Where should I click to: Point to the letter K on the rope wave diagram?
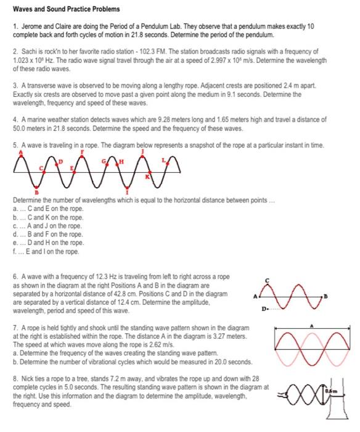pyautogui.click(x=147, y=178)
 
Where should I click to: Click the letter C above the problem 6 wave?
pyautogui.click(x=266, y=281)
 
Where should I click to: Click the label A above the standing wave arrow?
pyautogui.click(x=313, y=324)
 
